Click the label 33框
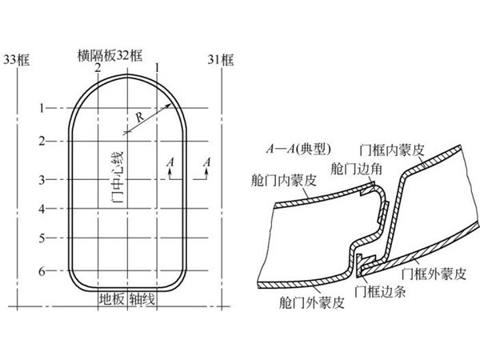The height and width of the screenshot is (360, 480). [17, 58]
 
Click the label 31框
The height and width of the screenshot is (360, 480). [221, 58]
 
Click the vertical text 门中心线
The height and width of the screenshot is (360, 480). [118, 174]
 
